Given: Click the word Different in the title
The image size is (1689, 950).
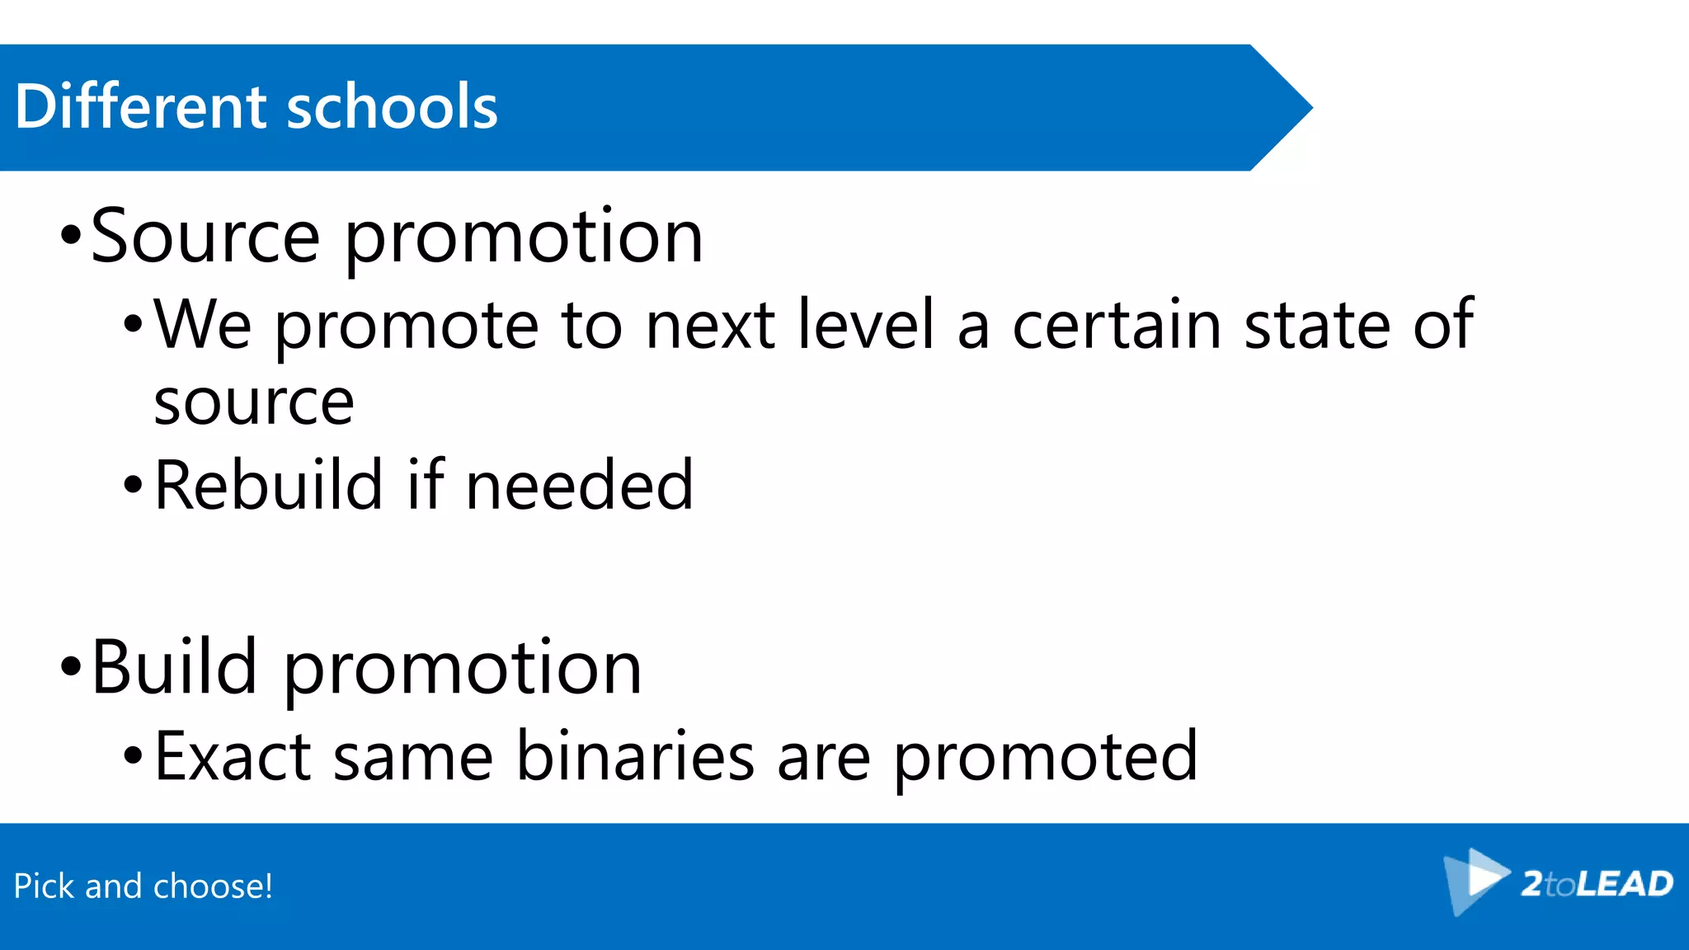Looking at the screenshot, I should point(140,106).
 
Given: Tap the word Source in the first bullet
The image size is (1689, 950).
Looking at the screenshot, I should point(205,237).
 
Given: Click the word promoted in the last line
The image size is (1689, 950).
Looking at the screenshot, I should point(1045,757).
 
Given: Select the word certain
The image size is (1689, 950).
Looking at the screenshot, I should point(1117,325).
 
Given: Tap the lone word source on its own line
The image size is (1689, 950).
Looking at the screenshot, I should point(254,404).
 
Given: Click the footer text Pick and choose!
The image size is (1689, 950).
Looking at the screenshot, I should point(143,887).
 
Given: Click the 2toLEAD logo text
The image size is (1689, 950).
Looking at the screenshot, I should point(1597,884).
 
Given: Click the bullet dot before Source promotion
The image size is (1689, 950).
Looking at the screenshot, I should point(71,236).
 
